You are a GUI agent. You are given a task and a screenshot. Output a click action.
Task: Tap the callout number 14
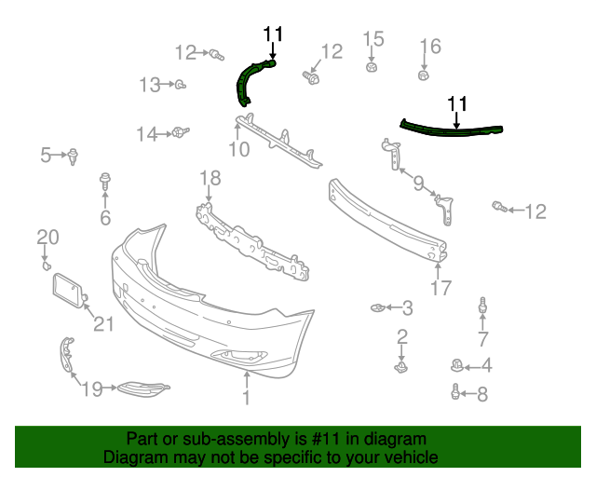coord(147,134)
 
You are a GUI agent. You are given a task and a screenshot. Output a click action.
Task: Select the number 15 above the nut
coord(372,39)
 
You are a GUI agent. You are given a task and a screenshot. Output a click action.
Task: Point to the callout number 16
coord(430,47)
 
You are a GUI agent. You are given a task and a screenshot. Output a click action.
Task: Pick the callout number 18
coord(210,177)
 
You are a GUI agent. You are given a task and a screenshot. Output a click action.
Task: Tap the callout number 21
coord(102,324)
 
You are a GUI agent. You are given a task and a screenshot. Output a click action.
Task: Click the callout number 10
coord(239,148)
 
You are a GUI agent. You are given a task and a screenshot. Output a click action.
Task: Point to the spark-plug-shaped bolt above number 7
coord(482,305)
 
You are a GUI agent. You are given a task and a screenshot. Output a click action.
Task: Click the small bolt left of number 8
coord(455,392)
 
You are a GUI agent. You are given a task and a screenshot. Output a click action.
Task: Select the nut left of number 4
coord(455,365)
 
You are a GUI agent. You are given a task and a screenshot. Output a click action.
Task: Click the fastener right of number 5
coord(72,156)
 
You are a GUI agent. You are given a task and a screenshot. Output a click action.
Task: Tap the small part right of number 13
coord(179,86)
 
